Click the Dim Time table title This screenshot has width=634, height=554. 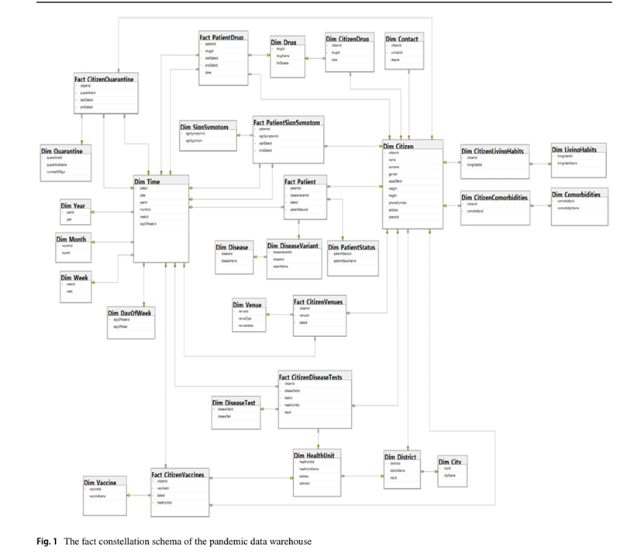tap(147, 181)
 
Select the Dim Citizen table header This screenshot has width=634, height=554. tap(398, 146)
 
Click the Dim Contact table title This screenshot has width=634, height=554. tap(401, 39)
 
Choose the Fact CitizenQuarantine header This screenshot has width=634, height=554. tap(104, 79)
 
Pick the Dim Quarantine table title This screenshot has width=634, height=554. tap(62, 150)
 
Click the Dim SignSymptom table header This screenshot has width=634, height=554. tap(204, 126)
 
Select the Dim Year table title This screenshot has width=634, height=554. tap(74, 205)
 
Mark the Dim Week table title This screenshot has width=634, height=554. tap(75, 277)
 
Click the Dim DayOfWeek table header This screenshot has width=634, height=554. tap(130, 312)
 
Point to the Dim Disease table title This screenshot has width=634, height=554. tap(233, 247)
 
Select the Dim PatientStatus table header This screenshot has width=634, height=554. tap(353, 247)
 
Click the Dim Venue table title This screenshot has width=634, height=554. tap(249, 305)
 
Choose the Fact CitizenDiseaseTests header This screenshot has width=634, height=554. tap(315, 377)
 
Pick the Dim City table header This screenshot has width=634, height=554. tap(452, 462)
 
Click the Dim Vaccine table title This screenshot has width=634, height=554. tap(100, 483)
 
